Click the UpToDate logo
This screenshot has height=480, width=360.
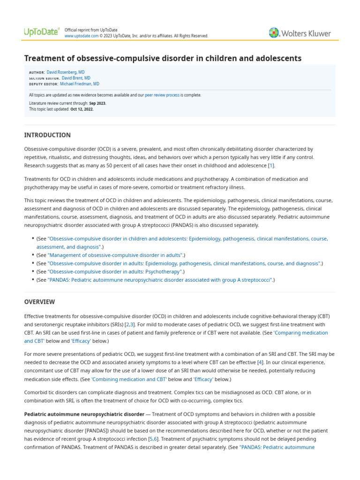pos(41,32)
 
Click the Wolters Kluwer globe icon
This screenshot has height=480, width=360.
pos(274,33)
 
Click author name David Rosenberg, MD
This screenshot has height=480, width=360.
pos(66,72)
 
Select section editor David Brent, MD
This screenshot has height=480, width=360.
pos(76,78)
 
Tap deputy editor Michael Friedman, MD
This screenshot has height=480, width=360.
pos(79,84)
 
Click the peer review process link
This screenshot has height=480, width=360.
pos(162,95)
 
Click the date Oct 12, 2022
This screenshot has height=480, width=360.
pos(82,109)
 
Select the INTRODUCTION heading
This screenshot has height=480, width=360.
pos(47,135)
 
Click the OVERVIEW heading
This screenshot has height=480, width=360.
pos(39,302)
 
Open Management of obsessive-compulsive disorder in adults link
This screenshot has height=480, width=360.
pos(115,255)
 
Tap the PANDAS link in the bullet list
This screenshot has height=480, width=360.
pos(160,280)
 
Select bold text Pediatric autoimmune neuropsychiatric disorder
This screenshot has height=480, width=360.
pos(84,414)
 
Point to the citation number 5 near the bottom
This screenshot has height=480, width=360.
pos(150,439)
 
